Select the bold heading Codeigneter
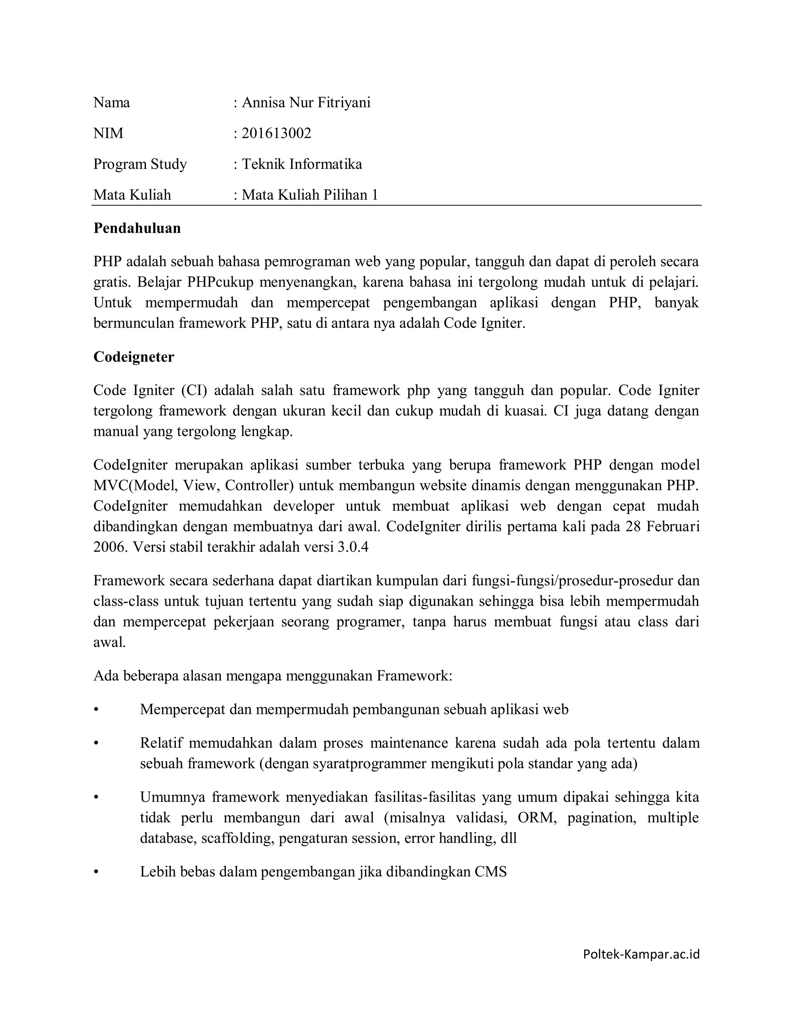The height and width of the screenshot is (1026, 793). pos(134,357)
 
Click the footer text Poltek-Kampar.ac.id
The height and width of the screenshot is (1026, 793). pos(641,954)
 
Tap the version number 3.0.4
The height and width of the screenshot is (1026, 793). pos(353,547)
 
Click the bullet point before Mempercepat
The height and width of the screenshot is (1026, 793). pos(96,710)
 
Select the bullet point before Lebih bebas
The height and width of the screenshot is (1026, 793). pos(96,872)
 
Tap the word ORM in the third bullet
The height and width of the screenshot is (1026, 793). pos(536,818)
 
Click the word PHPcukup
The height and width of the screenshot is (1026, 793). pos(220,282)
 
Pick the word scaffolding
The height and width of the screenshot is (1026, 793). pos(237,839)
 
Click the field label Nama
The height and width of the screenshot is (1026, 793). pos(112,103)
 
